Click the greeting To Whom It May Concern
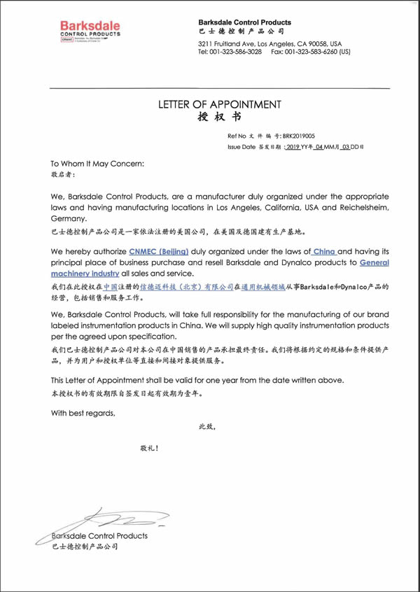(x=98, y=163)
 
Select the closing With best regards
(x=83, y=413)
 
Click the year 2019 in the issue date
(x=293, y=148)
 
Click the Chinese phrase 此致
(x=207, y=426)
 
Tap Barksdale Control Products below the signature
(x=100, y=535)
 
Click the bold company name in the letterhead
(x=245, y=22)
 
